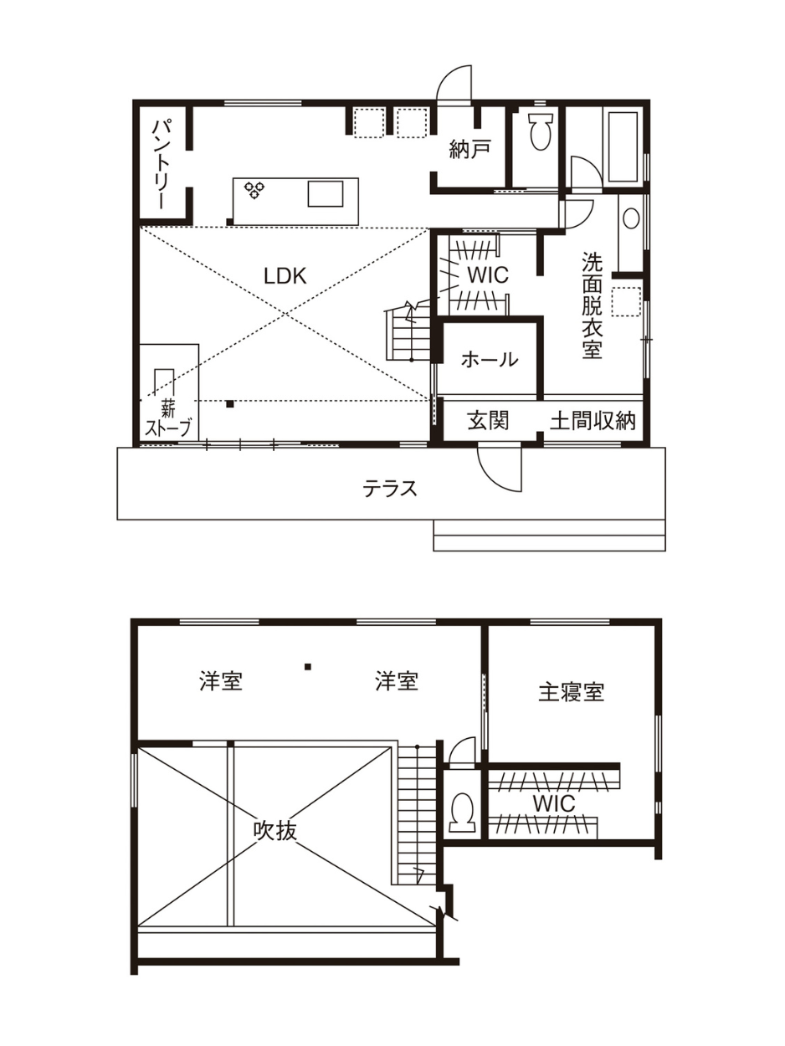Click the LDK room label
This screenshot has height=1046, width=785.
(285, 276)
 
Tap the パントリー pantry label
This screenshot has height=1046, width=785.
(162, 164)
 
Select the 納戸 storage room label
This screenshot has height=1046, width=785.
(469, 150)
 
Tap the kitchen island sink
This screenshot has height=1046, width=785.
(325, 193)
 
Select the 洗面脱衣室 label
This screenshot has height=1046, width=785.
(592, 305)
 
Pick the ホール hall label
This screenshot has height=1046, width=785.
(490, 360)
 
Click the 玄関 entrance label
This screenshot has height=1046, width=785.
(488, 421)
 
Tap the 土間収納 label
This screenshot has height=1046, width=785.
(593, 421)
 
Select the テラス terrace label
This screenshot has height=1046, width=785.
(390, 489)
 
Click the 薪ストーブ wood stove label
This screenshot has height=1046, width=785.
(167, 419)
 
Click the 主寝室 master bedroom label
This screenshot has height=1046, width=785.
(572, 693)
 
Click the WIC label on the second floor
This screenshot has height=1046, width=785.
(554, 804)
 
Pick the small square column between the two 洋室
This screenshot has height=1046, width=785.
(308, 666)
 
